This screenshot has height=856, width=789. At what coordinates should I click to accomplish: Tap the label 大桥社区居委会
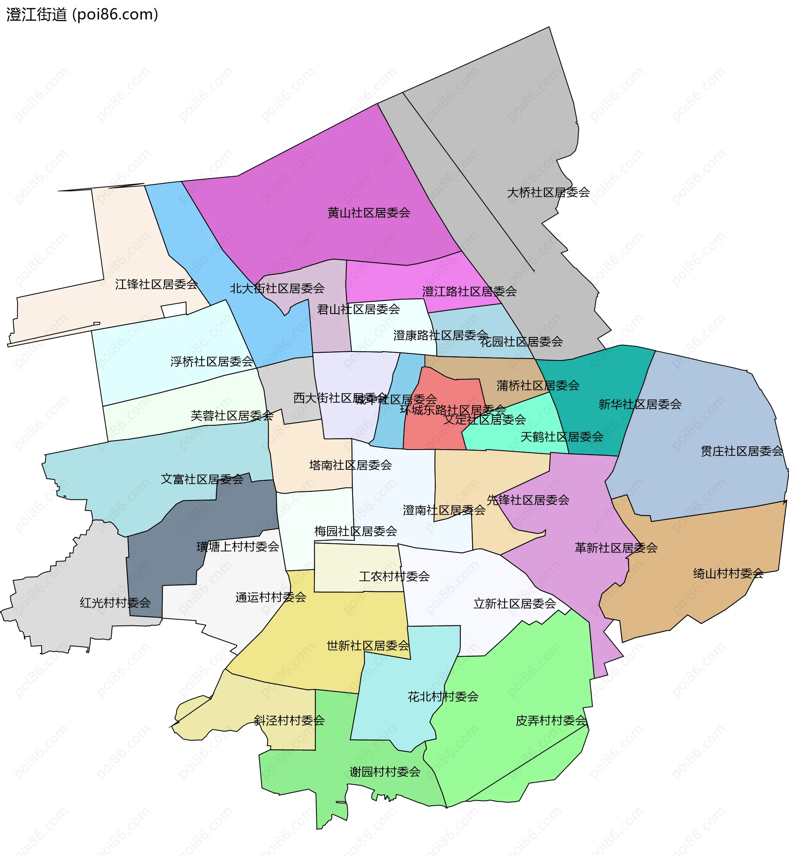[548, 193]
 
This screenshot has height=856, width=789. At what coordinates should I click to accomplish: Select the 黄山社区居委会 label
[369, 212]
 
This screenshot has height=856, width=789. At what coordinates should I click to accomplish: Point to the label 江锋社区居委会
[156, 284]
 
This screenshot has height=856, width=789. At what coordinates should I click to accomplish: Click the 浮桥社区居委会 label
[212, 362]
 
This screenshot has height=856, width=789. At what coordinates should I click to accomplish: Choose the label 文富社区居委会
[202, 479]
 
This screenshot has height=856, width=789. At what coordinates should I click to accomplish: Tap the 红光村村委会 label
[115, 603]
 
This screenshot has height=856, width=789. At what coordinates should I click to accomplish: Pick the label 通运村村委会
[271, 597]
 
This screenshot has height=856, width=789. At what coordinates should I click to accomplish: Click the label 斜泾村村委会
[289, 721]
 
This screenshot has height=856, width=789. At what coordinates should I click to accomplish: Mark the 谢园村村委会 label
[385, 772]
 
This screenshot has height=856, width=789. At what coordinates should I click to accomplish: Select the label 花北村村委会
[443, 697]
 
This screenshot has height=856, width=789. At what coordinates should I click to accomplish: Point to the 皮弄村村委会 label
[551, 721]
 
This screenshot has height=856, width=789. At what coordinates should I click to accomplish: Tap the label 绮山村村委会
[728, 573]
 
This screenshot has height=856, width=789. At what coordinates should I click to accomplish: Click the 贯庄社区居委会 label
[742, 451]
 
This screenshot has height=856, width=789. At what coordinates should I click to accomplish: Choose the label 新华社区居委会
[639, 404]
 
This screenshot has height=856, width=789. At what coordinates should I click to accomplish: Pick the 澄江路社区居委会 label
[469, 292]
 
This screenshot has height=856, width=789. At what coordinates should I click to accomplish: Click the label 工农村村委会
[394, 577]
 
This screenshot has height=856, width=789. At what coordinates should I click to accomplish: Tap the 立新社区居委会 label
[514, 604]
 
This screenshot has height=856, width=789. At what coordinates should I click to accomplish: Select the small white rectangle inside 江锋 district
[174, 310]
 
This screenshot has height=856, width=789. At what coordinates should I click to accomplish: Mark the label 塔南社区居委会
[350, 465]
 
